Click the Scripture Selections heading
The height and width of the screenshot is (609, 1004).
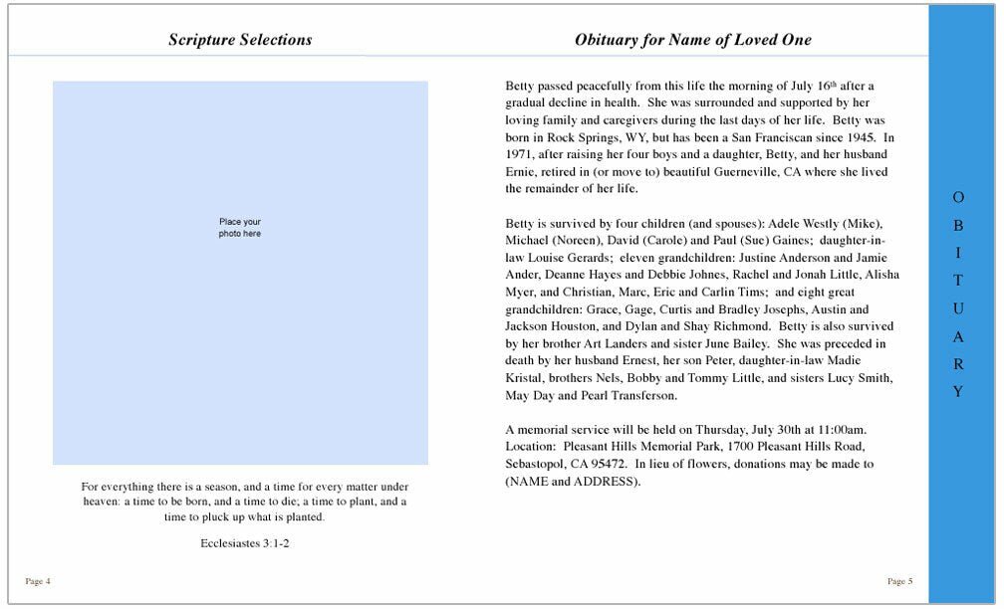[x=239, y=41]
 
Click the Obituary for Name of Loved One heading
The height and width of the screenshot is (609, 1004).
[x=692, y=41]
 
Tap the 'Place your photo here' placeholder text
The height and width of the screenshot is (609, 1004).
[x=240, y=227]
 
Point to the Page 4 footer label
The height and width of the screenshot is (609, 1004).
[x=37, y=581]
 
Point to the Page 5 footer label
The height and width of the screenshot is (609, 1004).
[x=899, y=581]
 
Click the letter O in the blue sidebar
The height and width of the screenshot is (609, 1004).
[x=958, y=198]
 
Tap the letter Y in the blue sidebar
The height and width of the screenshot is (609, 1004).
[x=958, y=392]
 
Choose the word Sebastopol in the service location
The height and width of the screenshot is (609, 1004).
[x=537, y=464]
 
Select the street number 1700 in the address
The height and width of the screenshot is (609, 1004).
[x=733, y=447]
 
